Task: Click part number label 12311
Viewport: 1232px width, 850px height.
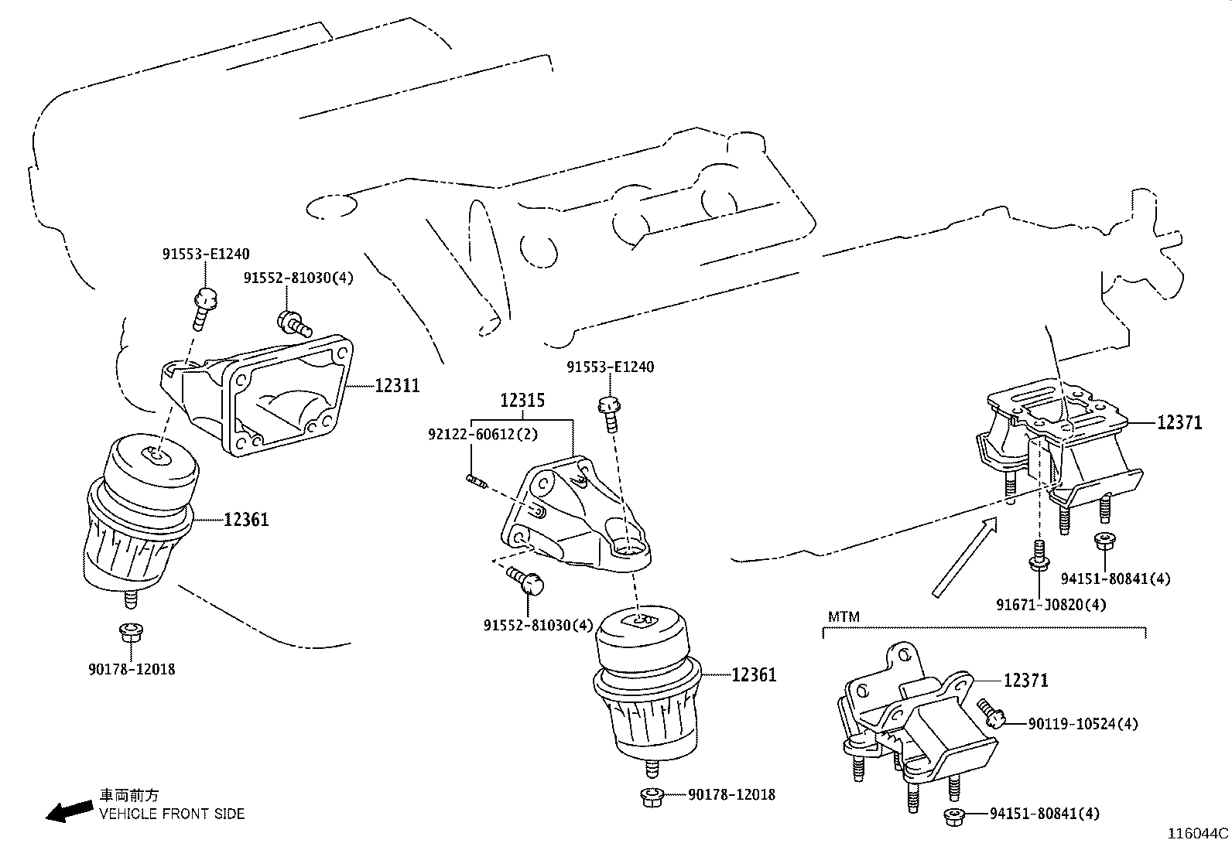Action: pyautogui.click(x=397, y=385)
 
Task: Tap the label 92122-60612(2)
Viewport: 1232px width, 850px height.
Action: pyautogui.click(x=483, y=435)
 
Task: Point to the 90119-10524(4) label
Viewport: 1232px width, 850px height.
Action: pyautogui.click(x=1083, y=724)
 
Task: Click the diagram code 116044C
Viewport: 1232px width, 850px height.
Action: pyautogui.click(x=1198, y=834)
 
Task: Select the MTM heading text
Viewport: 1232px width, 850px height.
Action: pyautogui.click(x=844, y=617)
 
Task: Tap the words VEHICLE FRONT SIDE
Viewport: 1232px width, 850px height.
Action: pyautogui.click(x=171, y=814)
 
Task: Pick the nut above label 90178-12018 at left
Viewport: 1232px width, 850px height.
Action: pyautogui.click(x=130, y=633)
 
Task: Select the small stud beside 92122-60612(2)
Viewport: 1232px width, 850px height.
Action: pyautogui.click(x=476, y=481)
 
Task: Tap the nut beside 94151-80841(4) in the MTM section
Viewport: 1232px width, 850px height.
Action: pyautogui.click(x=954, y=814)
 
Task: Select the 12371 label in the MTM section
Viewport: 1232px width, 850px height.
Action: pyautogui.click(x=1025, y=681)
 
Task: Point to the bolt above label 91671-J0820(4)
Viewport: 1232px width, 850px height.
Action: pyautogui.click(x=1039, y=555)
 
